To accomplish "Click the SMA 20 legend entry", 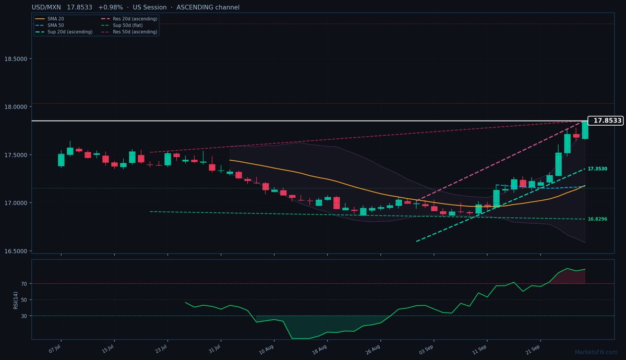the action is pyautogui.click(x=50, y=19).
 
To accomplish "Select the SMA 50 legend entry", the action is pyautogui.click(x=50, y=25).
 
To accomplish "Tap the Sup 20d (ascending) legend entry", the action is pyautogui.click(x=64, y=32).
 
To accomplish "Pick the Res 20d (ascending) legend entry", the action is pyautogui.click(x=129, y=19).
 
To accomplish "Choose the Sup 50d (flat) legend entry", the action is pyautogui.click(x=122, y=25).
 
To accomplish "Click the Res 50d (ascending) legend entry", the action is pyautogui.click(x=129, y=32).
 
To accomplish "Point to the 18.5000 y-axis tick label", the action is pyautogui.click(x=16, y=59).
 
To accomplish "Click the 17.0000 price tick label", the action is pyautogui.click(x=16, y=203).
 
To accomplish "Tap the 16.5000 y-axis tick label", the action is pyautogui.click(x=16, y=251).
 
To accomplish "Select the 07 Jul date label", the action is pyautogui.click(x=55, y=349).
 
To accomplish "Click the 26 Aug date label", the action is pyautogui.click(x=373, y=350).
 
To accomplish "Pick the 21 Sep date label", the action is pyautogui.click(x=533, y=350).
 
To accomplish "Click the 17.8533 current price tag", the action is pyautogui.click(x=606, y=121).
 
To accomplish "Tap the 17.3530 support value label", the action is pyautogui.click(x=597, y=169).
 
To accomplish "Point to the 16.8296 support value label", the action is pyautogui.click(x=597, y=219).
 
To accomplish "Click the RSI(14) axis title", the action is pyautogui.click(x=16, y=301).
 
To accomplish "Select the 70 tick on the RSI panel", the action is pyautogui.click(x=24, y=284).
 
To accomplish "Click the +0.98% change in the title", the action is pyautogui.click(x=111, y=7).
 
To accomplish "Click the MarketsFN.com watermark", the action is pyautogui.click(x=596, y=352).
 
